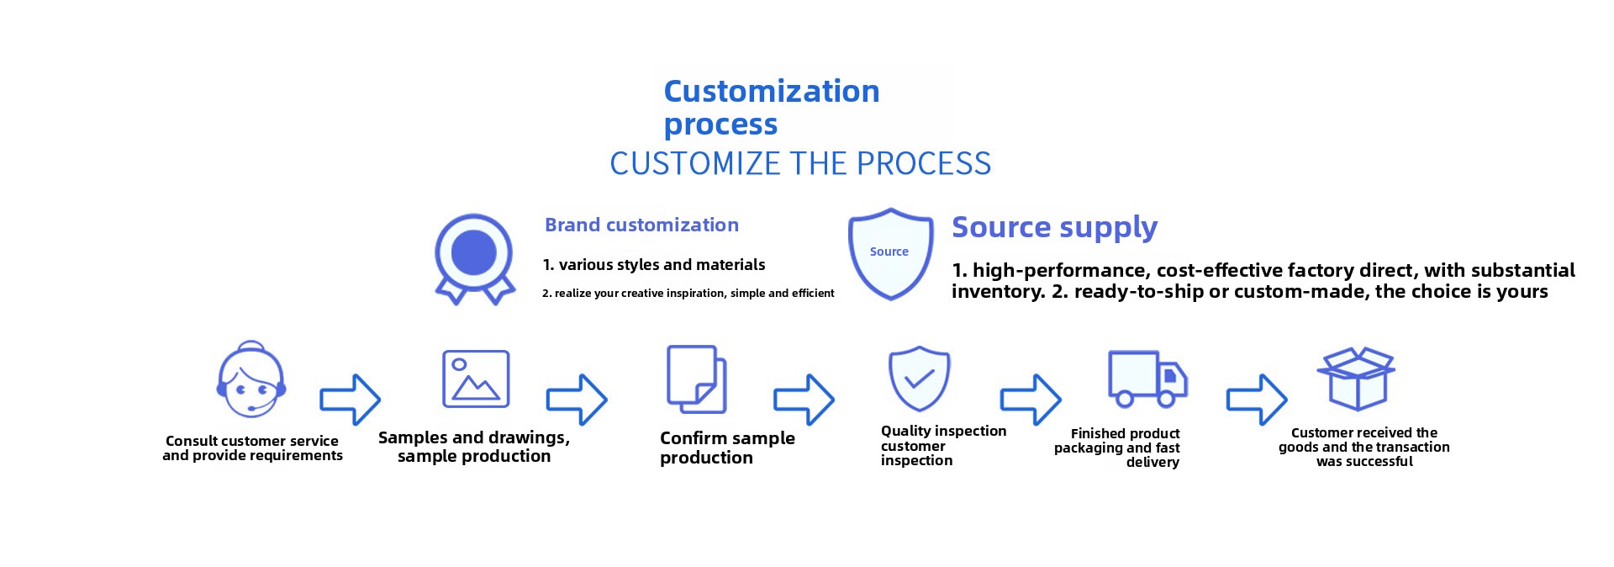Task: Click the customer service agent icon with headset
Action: [251, 380]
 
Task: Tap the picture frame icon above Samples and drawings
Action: [476, 379]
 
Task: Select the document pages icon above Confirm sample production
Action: [696, 379]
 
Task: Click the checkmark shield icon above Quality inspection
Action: [920, 379]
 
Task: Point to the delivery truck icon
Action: [1147, 379]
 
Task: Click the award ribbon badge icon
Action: [474, 258]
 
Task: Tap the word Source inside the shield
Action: [889, 252]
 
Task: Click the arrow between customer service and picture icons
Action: [351, 399]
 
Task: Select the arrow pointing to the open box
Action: [1257, 399]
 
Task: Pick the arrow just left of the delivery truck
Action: [1031, 399]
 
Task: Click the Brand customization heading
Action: [641, 225]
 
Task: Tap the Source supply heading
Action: [1054, 227]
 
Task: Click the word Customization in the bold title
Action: [772, 91]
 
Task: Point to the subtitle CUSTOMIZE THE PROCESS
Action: [800, 163]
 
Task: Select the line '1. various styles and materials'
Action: [654, 265]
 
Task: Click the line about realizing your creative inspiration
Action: [688, 294]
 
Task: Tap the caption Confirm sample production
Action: [727, 448]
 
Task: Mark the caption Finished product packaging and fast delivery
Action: [1117, 448]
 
